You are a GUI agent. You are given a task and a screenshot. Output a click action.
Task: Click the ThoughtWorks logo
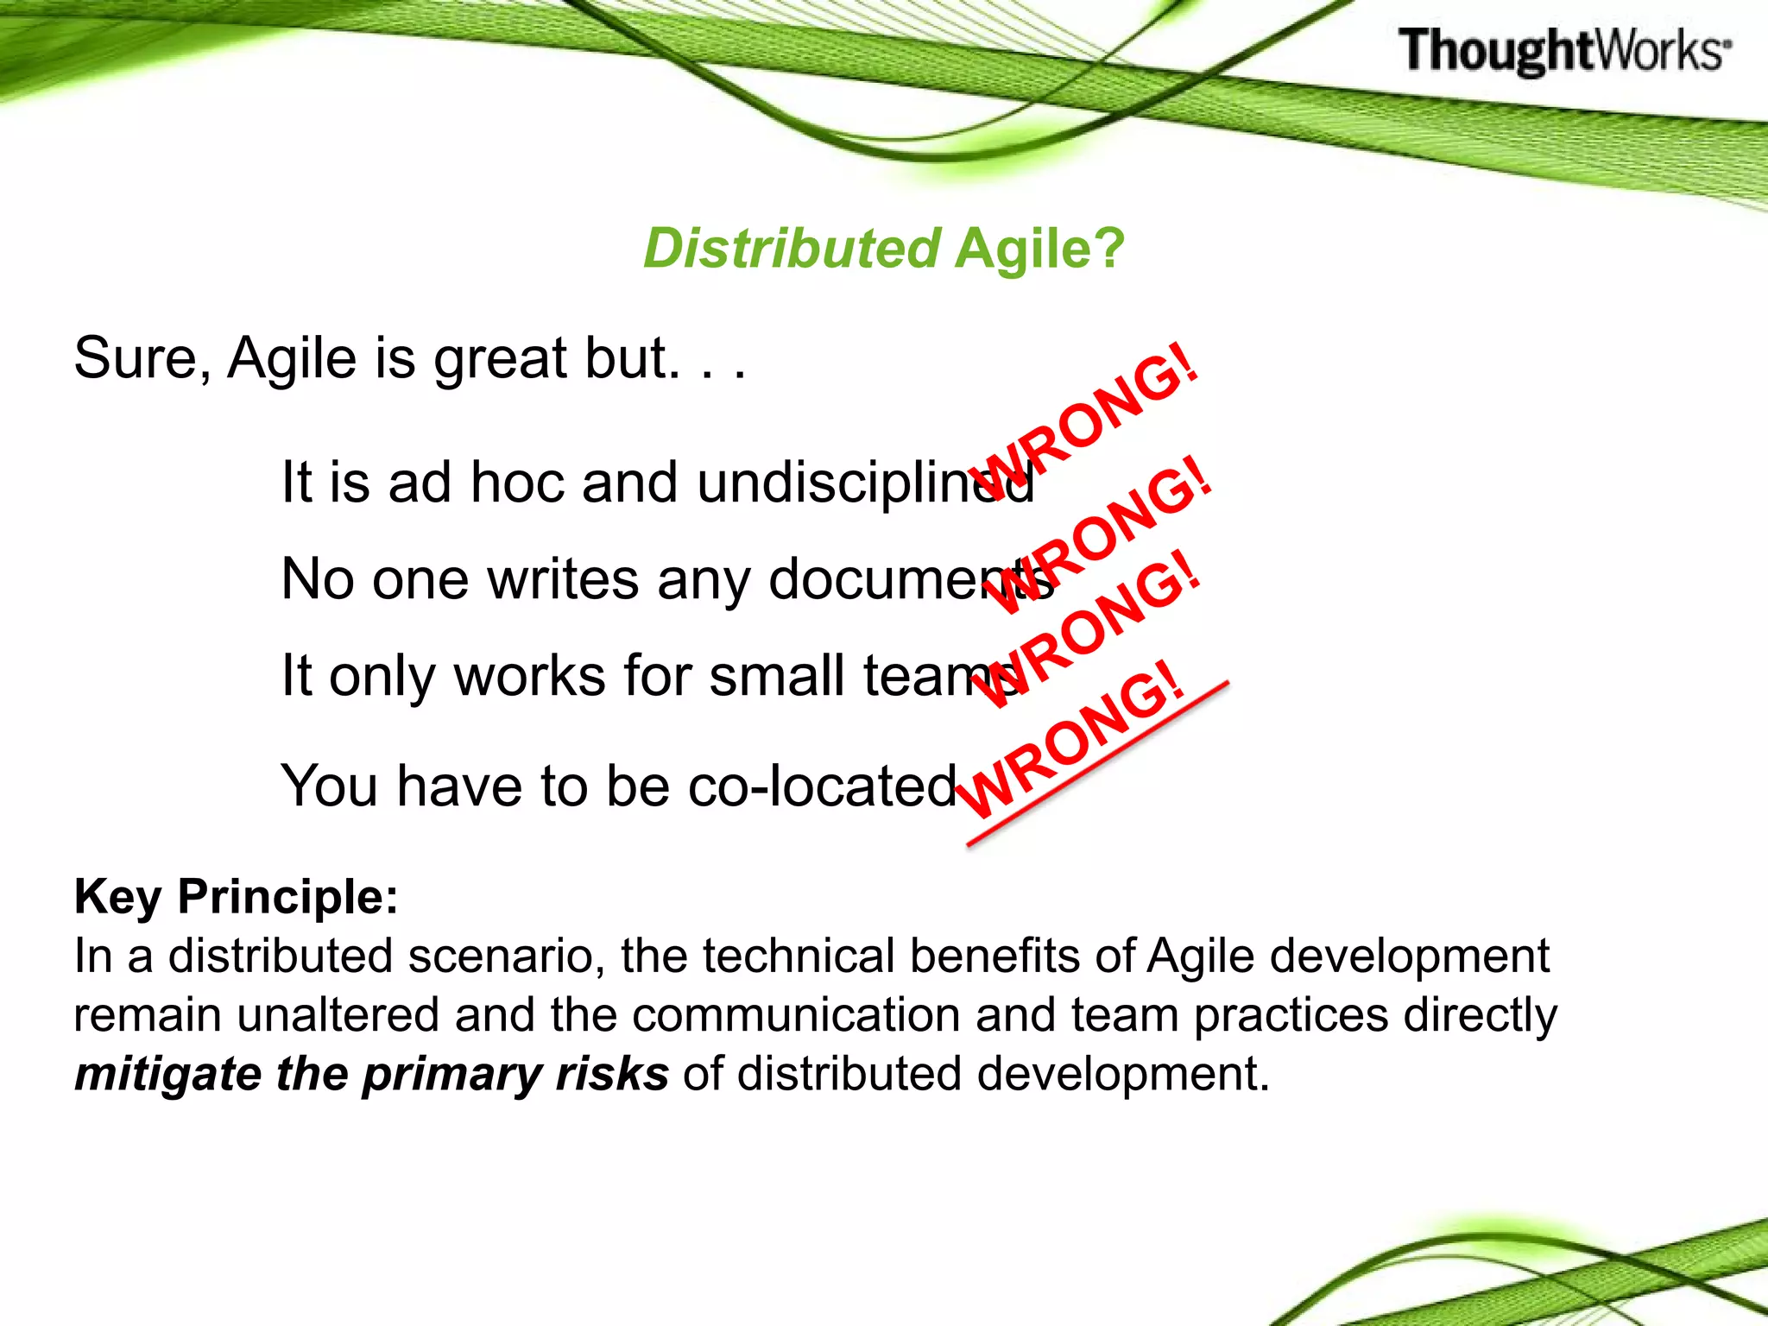pyautogui.click(x=1564, y=50)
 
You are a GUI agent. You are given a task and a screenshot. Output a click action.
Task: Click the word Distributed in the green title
pyautogui.click(x=791, y=249)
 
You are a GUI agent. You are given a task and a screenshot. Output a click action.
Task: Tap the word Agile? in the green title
pyautogui.click(x=1039, y=249)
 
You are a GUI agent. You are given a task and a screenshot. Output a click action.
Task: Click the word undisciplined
pyautogui.click(x=863, y=483)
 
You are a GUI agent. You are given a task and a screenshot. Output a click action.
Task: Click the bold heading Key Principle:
pyautogui.click(x=237, y=896)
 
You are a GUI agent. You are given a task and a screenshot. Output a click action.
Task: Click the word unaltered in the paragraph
pyautogui.click(x=338, y=1015)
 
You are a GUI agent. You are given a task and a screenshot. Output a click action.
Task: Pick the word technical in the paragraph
pyautogui.click(x=799, y=957)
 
